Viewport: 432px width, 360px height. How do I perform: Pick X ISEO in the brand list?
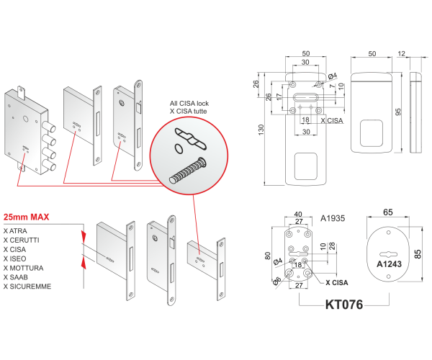pos(16,257)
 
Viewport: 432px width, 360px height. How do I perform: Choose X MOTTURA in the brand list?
pos(22,267)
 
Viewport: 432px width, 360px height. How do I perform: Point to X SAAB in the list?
pos(17,276)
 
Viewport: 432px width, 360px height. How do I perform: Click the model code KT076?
pos(343,305)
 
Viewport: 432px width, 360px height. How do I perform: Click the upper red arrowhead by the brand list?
pos(84,235)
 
